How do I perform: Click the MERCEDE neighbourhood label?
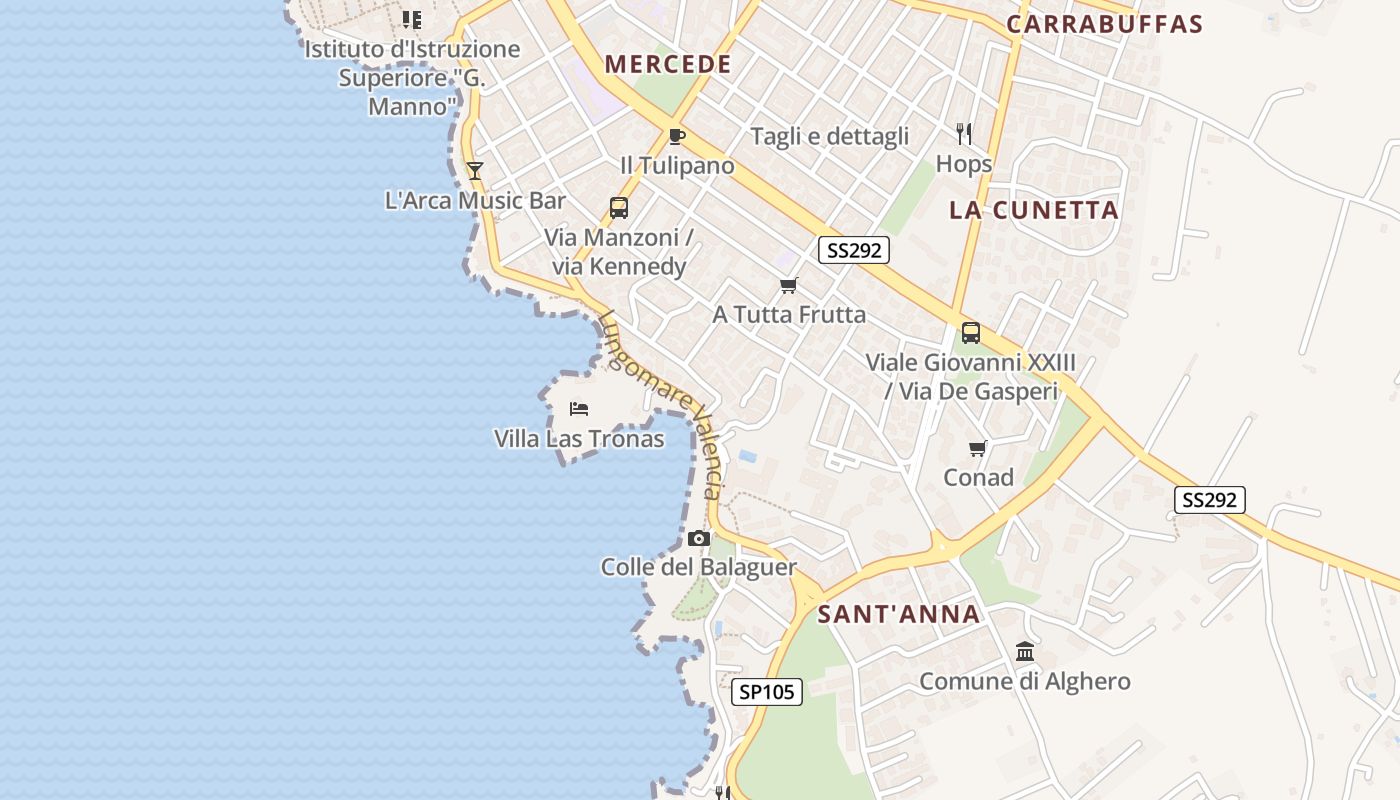click(668, 65)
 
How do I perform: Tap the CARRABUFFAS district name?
click(1104, 24)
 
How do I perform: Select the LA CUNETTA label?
click(1034, 210)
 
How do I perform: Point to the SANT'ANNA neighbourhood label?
click(899, 614)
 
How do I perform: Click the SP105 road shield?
click(767, 691)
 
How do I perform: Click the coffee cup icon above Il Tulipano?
click(677, 136)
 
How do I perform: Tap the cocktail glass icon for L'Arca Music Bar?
click(475, 171)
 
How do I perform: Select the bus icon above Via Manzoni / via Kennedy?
click(619, 208)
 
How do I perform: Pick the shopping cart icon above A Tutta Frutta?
click(789, 286)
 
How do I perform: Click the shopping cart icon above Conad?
click(978, 448)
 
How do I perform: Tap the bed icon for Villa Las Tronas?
click(579, 408)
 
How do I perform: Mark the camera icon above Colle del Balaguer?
click(699, 539)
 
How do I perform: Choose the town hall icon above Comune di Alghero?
click(1025, 652)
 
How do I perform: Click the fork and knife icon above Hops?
click(964, 134)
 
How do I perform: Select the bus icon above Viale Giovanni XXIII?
click(971, 333)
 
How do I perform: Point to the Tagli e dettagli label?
click(830, 136)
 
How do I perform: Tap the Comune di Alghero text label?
click(1025, 682)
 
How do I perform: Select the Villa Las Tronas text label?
click(579, 438)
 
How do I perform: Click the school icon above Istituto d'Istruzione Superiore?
click(412, 19)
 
